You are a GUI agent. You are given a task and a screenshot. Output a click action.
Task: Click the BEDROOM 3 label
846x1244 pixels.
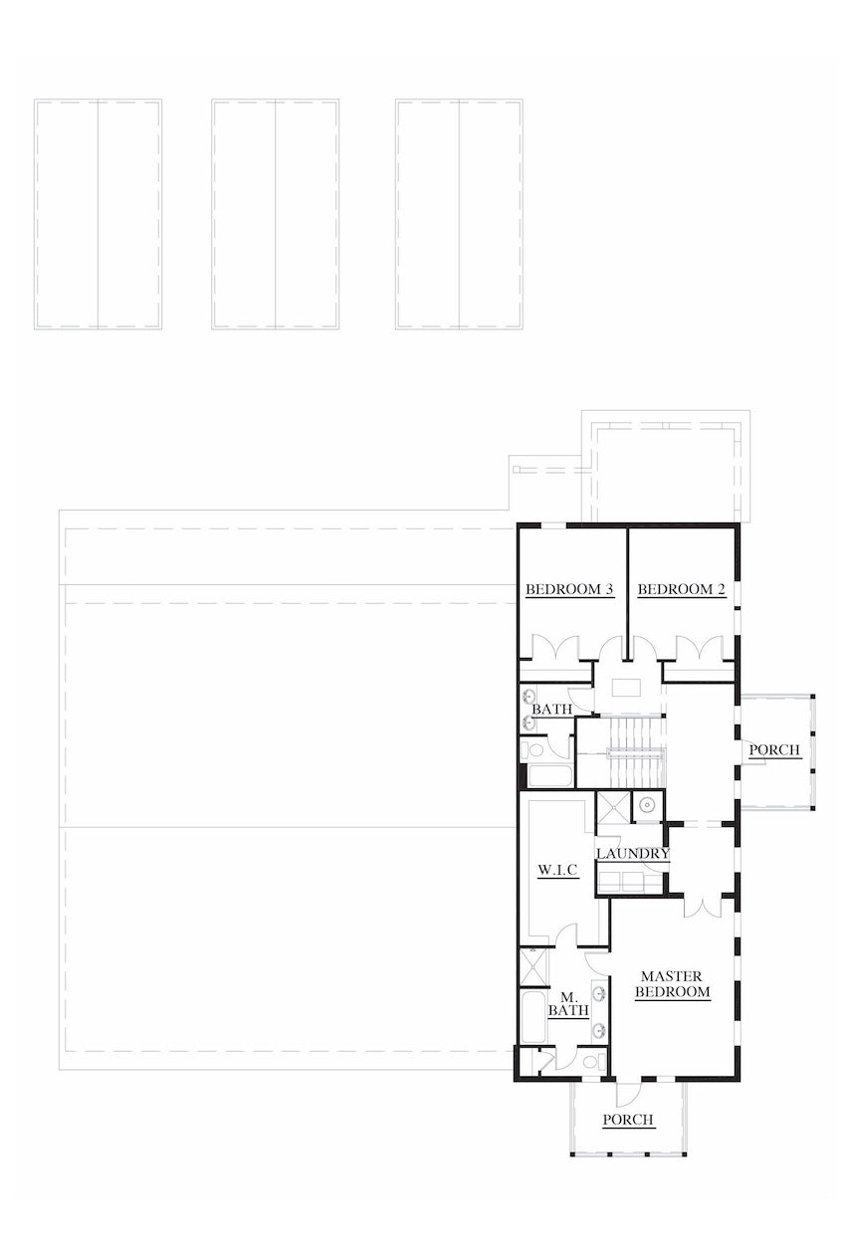(569, 590)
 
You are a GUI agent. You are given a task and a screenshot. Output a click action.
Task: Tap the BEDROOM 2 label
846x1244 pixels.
(682, 590)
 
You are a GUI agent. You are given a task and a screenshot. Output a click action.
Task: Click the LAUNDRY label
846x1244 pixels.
(632, 854)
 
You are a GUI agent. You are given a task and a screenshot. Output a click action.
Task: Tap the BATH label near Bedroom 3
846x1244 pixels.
(551, 710)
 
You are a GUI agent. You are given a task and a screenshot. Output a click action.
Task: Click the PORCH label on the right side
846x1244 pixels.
(774, 749)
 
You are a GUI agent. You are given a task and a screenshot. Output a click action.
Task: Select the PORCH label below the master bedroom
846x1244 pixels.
(628, 1120)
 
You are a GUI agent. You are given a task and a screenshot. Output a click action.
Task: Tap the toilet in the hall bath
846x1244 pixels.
(534, 749)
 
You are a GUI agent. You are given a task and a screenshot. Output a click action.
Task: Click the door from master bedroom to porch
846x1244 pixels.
(630, 1092)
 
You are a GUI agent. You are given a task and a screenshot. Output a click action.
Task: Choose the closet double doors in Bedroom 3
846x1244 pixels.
(549, 648)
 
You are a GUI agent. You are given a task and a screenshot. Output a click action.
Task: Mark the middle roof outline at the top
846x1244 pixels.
(275, 214)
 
